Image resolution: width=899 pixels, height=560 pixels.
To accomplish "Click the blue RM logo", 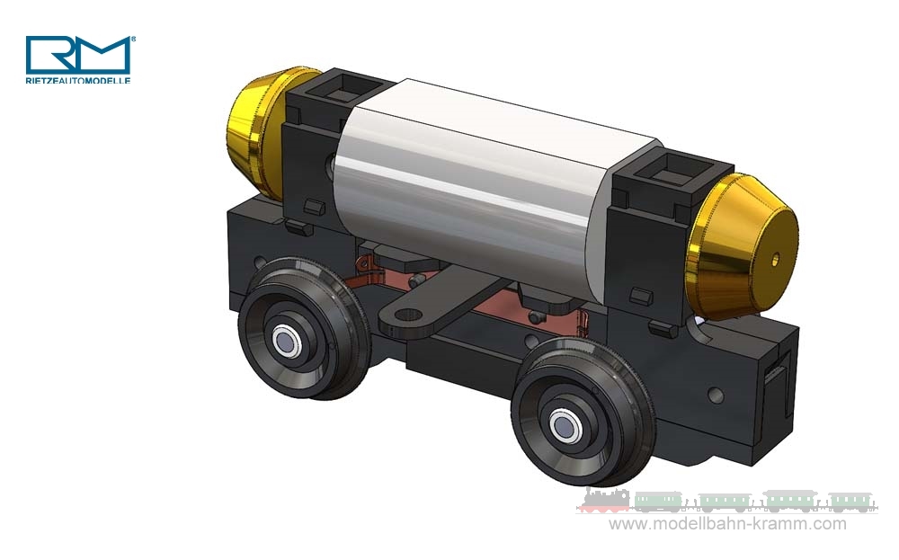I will click(77, 55).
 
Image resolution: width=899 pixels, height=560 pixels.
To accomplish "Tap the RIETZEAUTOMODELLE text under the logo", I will click(78, 80).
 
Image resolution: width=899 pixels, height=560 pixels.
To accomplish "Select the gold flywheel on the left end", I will click(257, 130).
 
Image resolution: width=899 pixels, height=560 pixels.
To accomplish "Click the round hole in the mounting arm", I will click(408, 316).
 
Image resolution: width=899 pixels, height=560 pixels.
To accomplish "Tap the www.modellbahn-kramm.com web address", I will click(728, 524).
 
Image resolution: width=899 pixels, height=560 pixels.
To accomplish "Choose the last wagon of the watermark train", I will click(850, 502).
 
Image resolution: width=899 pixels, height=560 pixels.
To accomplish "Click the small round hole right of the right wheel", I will click(715, 395).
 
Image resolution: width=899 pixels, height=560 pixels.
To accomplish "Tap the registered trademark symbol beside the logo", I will click(134, 40).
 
